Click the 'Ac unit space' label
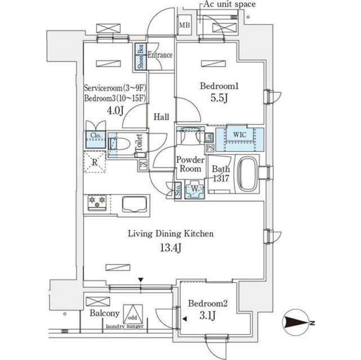click(229, 4)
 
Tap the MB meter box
click(184, 25)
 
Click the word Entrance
click(159, 56)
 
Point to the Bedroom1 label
click(220, 86)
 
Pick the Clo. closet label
click(95, 136)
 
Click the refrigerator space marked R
click(95, 163)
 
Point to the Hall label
click(162, 116)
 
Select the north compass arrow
click(297, 322)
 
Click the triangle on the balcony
click(132, 313)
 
